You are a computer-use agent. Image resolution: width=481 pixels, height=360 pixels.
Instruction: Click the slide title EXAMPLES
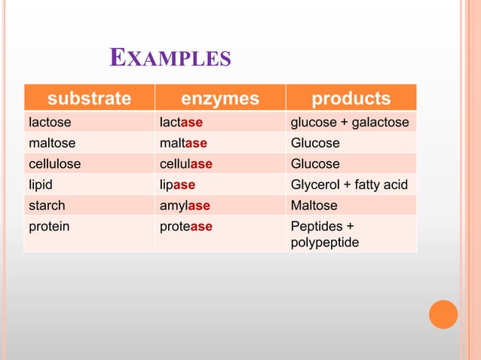[x=170, y=58]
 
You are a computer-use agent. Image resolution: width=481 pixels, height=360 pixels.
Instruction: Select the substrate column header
[x=89, y=99]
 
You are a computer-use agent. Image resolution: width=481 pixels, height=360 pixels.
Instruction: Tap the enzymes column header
[x=220, y=99]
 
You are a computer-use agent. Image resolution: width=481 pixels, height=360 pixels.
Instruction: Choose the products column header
[x=351, y=99]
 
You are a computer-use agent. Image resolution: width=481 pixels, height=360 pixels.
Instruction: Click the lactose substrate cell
[x=47, y=123]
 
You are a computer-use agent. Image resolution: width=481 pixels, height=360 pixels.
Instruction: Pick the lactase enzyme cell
[x=181, y=123]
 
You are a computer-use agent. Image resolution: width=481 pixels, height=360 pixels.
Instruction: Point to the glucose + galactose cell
[x=350, y=123]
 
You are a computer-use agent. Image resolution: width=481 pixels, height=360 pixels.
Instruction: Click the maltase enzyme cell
[x=183, y=143]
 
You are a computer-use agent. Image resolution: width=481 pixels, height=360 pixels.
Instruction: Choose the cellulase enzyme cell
[x=185, y=164]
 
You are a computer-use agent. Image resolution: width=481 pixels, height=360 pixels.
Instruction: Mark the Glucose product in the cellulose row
[x=315, y=164]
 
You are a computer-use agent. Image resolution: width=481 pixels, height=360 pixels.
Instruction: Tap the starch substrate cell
[x=47, y=206]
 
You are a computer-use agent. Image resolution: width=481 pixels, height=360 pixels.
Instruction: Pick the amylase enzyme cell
[x=184, y=206]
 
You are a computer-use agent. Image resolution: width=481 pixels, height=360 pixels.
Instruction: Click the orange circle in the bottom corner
[x=443, y=314]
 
